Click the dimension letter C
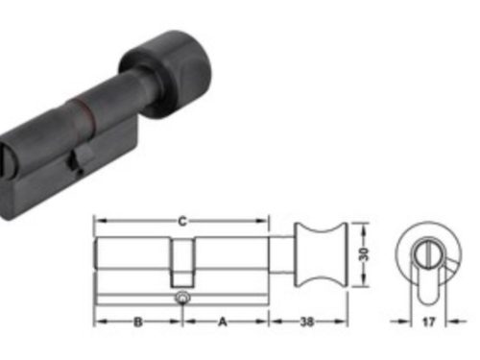tap(181, 221)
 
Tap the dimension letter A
tap(224, 323)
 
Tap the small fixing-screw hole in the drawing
tap(182, 301)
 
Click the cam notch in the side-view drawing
tap(182, 260)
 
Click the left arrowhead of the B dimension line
tap(98, 323)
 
